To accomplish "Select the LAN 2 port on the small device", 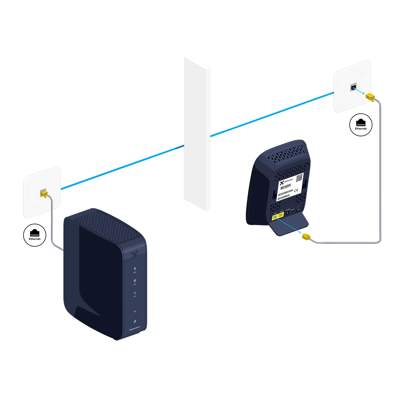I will (x=281, y=215).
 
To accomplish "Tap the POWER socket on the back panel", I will (x=288, y=213).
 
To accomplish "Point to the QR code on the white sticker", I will (x=299, y=178).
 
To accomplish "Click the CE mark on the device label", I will (x=296, y=190).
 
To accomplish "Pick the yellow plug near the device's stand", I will (x=307, y=237).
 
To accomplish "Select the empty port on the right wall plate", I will (x=353, y=88).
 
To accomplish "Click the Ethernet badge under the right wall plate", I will (x=361, y=124).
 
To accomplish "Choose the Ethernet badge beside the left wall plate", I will (x=35, y=235).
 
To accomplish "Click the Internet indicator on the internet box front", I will (x=135, y=270).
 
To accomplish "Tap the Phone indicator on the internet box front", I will (x=135, y=282).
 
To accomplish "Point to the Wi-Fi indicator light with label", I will (x=135, y=294).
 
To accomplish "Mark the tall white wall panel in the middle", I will (x=197, y=133).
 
